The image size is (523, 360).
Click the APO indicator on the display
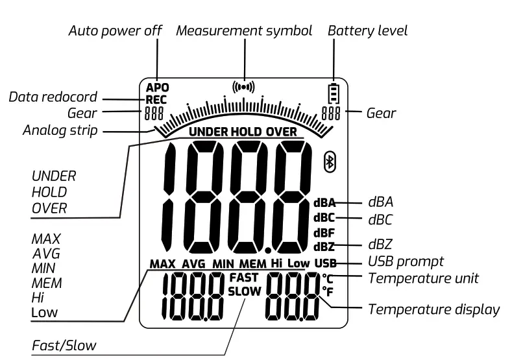[156, 88]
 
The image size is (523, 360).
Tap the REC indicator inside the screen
[156, 100]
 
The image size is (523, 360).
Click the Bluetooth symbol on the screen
[330, 163]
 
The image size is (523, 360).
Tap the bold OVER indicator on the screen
[280, 132]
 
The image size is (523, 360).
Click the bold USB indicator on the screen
[326, 263]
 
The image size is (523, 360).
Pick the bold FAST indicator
[243, 278]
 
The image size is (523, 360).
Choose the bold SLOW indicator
[243, 291]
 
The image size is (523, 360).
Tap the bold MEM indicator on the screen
[252, 264]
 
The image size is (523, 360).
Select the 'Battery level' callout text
[367, 31]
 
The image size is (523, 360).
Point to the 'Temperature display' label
[434, 309]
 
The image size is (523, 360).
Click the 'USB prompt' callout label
[406, 261]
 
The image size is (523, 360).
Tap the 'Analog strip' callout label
[60, 130]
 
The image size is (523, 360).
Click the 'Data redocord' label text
[53, 97]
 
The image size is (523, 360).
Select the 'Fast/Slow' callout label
[64, 345]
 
